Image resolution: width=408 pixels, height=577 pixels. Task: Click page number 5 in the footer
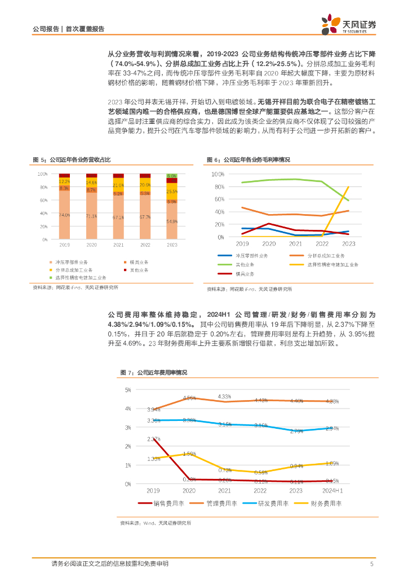[x=372, y=564]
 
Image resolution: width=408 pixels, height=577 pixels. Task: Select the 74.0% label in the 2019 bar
[x=64, y=215]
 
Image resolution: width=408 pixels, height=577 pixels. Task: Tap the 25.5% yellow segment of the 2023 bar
[x=172, y=192]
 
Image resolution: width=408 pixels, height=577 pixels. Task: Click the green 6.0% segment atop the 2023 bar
[x=172, y=176]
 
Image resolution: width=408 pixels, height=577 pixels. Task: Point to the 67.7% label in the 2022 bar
[x=145, y=217]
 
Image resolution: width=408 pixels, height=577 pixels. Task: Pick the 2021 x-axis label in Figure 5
[x=118, y=245]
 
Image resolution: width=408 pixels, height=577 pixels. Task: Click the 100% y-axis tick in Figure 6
[x=218, y=174]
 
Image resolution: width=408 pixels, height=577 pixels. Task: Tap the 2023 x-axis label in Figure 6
[x=348, y=243]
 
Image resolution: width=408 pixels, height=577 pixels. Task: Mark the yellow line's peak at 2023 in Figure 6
[x=348, y=187]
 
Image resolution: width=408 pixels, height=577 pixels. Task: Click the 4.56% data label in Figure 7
[x=189, y=398]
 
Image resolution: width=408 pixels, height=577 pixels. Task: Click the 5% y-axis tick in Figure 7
[x=128, y=390]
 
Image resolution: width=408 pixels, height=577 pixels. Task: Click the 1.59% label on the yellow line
[x=189, y=453]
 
